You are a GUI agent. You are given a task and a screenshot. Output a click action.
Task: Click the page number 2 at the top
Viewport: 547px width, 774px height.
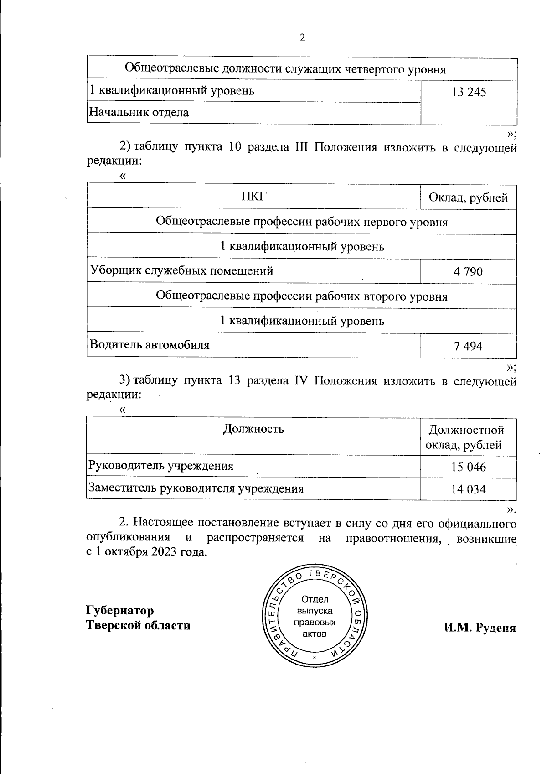coord(302,38)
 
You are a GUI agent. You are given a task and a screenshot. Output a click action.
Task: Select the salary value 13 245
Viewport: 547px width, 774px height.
coord(469,93)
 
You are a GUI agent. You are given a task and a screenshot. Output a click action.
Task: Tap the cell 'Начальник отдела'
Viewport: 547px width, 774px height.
coord(139,113)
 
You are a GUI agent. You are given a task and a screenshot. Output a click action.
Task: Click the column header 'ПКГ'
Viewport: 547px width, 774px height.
coord(253,197)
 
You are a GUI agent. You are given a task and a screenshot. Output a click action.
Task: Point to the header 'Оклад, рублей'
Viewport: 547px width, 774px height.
coord(468,198)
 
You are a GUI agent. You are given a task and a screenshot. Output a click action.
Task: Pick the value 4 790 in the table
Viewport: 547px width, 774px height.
coord(468,272)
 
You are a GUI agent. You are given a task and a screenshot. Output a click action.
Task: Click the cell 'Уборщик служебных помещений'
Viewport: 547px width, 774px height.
coord(181,271)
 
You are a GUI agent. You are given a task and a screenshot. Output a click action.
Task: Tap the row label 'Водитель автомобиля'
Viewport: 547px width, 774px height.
coord(150,345)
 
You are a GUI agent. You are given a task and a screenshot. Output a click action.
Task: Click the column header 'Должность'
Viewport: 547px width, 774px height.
coord(253,429)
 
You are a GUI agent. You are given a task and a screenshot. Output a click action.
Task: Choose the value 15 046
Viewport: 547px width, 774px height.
coord(469,468)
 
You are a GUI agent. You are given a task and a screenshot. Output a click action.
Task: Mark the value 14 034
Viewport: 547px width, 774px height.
coord(469,490)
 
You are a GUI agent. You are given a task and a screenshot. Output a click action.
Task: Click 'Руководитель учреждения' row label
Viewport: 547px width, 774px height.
coord(161,466)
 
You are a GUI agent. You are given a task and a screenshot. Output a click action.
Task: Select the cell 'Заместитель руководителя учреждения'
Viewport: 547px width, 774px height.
coord(196,489)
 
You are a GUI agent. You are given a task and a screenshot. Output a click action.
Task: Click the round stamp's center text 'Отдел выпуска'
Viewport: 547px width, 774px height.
coord(315,605)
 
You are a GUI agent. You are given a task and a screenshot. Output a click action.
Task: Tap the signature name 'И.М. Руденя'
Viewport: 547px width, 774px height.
coord(480,628)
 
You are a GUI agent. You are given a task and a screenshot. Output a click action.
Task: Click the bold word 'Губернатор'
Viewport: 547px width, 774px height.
coord(120,611)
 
